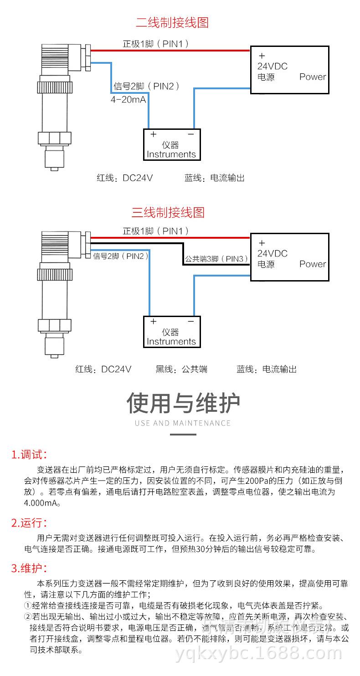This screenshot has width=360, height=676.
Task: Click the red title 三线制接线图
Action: point(168,212)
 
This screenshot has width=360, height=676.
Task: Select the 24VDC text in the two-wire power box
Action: point(273,67)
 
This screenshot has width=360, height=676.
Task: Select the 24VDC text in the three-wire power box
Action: point(273,253)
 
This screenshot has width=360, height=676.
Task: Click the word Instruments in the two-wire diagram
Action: point(171,154)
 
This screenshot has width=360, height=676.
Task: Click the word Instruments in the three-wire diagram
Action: point(171,342)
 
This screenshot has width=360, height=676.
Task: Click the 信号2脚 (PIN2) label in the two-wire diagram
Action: point(146,86)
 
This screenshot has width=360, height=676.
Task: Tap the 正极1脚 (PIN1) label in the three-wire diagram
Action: point(155,231)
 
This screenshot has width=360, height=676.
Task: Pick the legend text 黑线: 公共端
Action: point(181,369)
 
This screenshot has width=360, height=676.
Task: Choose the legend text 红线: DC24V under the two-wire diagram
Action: point(124,178)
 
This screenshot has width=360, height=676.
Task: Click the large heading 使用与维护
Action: point(183,403)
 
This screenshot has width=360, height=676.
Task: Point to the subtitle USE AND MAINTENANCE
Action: point(183,423)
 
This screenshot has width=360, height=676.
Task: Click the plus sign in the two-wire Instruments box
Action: point(154,134)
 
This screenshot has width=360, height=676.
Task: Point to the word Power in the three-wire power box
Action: point(313,264)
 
